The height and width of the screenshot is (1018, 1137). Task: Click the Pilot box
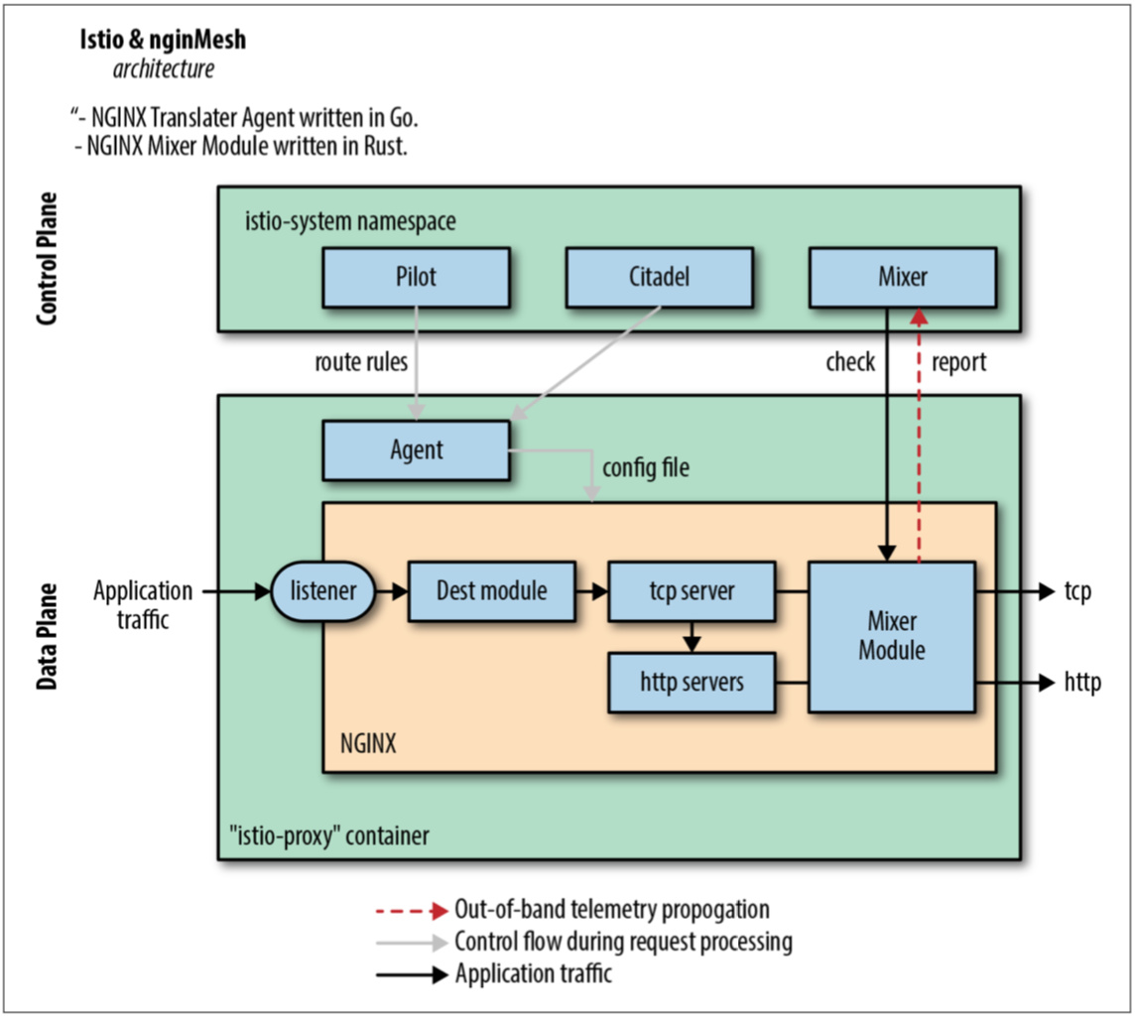point(416,277)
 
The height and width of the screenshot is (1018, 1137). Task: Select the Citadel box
point(659,277)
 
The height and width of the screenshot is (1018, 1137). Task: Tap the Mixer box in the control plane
point(902,277)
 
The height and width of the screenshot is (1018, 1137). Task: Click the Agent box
point(416,449)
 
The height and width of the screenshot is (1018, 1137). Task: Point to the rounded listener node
point(323,592)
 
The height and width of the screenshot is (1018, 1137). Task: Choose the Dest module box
point(491,592)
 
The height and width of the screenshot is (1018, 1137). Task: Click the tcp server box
point(692,592)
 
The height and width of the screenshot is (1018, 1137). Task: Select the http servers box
point(692,682)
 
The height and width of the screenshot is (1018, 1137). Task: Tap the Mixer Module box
point(892,637)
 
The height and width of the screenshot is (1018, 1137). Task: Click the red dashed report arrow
point(920,437)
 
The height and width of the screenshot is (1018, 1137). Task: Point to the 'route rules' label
point(361,362)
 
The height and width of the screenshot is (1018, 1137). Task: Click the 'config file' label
point(645,466)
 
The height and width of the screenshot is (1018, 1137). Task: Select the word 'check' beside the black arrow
point(850,362)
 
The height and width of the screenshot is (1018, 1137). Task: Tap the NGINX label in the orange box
point(368,743)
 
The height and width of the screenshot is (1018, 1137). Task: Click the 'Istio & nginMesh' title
point(163,42)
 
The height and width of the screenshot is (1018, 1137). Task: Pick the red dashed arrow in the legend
point(411,910)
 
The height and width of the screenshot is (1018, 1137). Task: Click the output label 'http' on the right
point(1082,683)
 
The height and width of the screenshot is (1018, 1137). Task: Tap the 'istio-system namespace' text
point(350,220)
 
